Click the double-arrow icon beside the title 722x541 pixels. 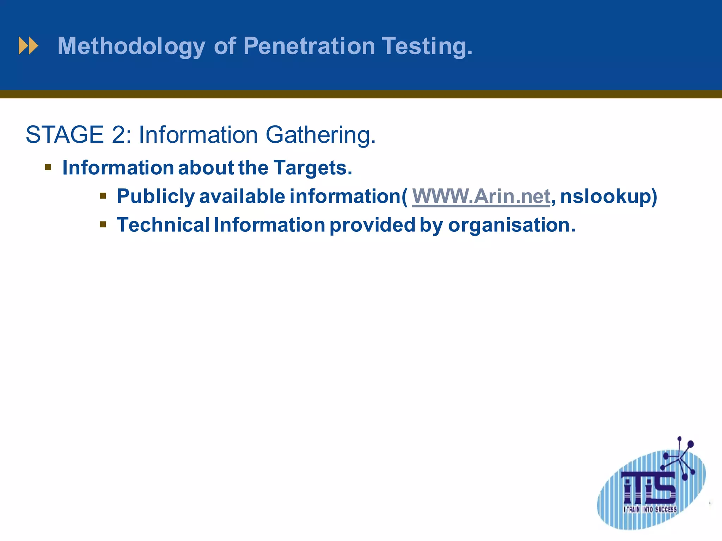point(28,46)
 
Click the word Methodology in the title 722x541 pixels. point(131,46)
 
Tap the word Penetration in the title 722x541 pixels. point(309,46)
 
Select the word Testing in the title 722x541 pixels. point(427,46)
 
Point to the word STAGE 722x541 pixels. point(65,135)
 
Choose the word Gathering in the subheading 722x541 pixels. point(320,135)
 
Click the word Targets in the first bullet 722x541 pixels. point(313,168)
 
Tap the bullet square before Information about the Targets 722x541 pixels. point(48,167)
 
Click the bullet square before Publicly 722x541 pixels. point(103,195)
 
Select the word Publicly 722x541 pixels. point(155,197)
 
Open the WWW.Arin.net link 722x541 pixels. point(481,196)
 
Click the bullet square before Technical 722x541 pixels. point(103,224)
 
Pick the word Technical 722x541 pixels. point(163,225)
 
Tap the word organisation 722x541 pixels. point(512,225)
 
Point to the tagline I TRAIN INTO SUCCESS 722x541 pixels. point(650,509)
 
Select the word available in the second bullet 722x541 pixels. point(242,196)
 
